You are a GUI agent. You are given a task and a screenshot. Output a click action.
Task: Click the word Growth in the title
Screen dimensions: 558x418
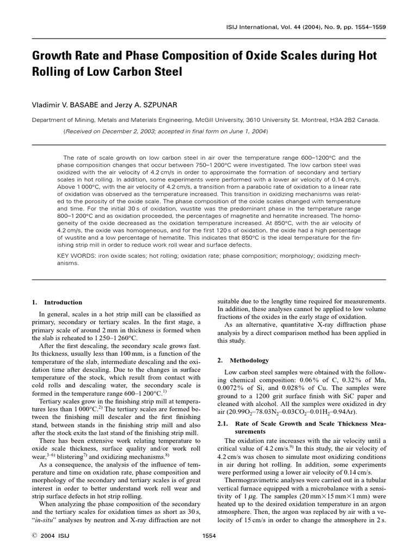click(52, 56)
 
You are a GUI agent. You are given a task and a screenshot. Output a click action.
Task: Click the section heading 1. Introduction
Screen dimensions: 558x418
click(57, 302)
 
